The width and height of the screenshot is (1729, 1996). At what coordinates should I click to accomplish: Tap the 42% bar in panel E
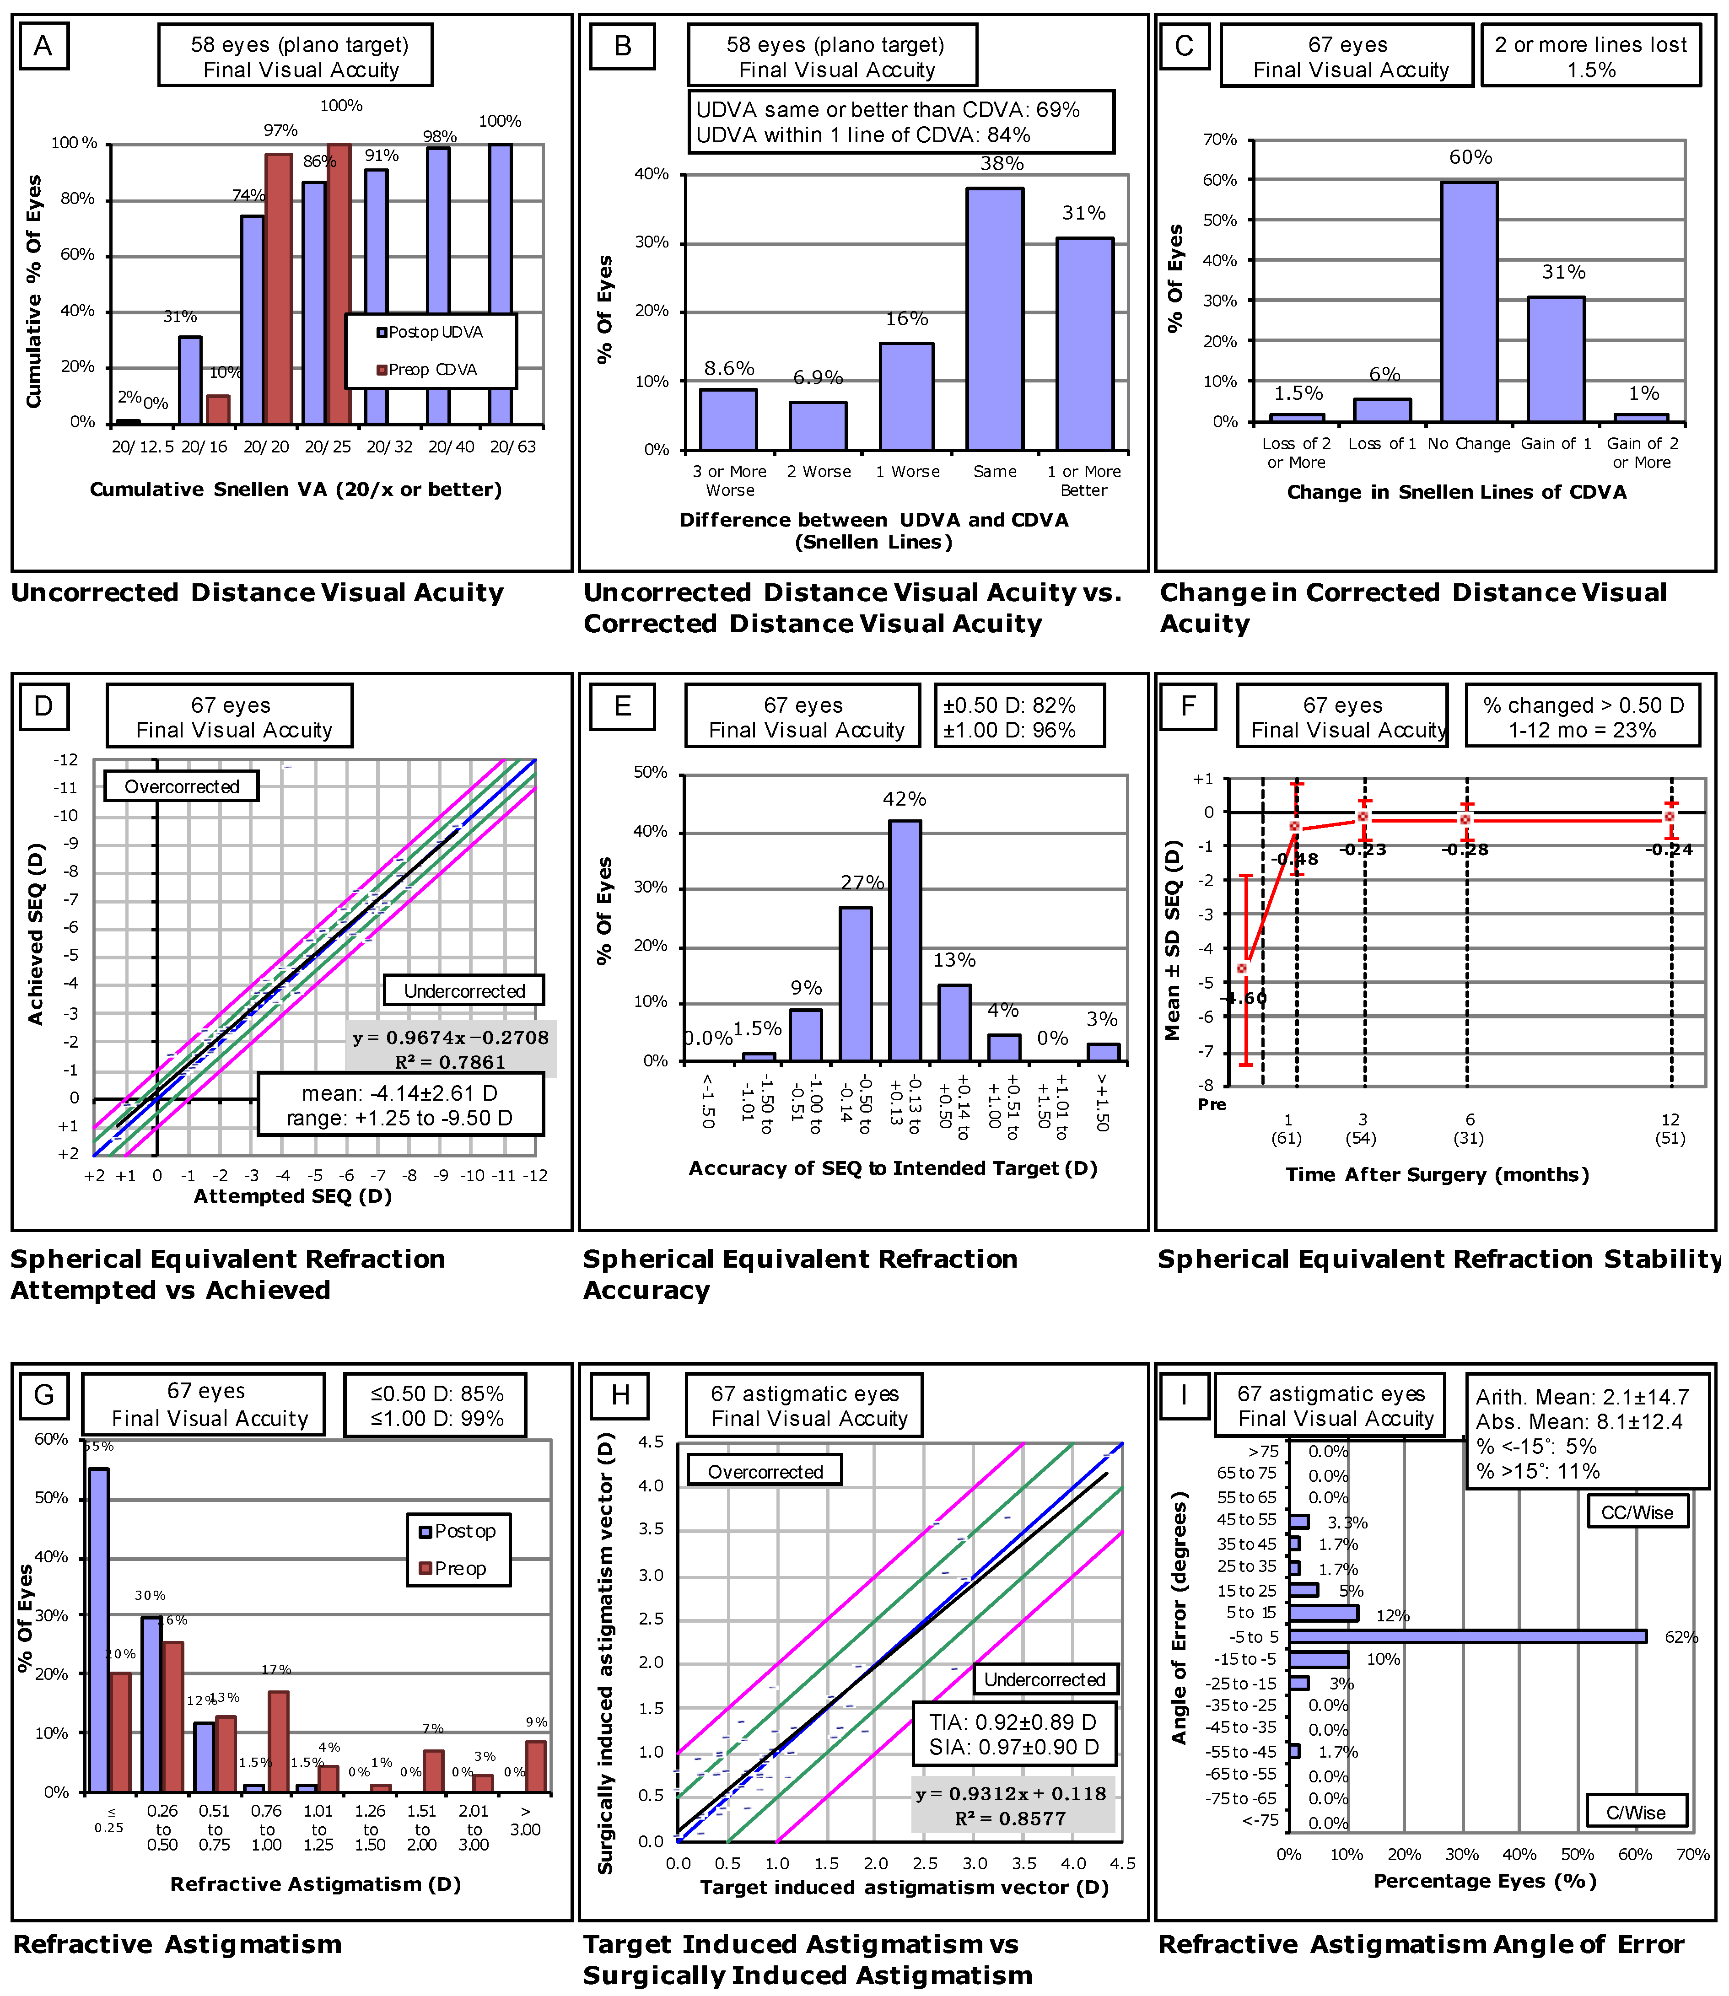pyautogui.click(x=904, y=941)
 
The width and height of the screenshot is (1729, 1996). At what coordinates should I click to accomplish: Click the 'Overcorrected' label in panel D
pyautogui.click(x=181, y=786)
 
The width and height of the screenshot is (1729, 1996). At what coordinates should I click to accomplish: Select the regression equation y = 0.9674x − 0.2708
pyautogui.click(x=451, y=1038)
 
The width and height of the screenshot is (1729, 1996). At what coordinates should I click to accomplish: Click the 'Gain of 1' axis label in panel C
pyautogui.click(x=1555, y=444)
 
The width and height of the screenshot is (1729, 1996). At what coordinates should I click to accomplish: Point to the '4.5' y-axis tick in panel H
pyautogui.click(x=651, y=1442)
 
